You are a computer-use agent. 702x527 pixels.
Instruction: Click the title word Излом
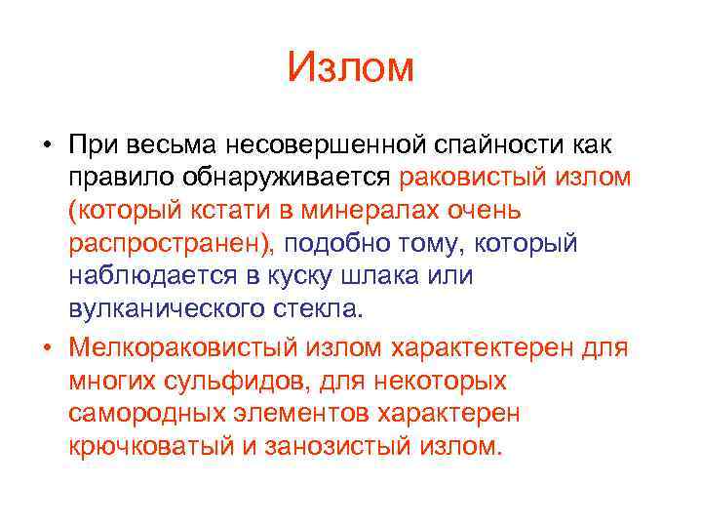tap(351, 68)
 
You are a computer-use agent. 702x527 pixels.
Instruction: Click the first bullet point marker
tap(46, 144)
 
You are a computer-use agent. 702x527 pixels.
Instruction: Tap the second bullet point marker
tap(46, 346)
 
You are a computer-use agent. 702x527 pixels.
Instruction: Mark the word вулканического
tap(175, 309)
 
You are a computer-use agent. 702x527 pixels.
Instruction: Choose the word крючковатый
tap(161, 446)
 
